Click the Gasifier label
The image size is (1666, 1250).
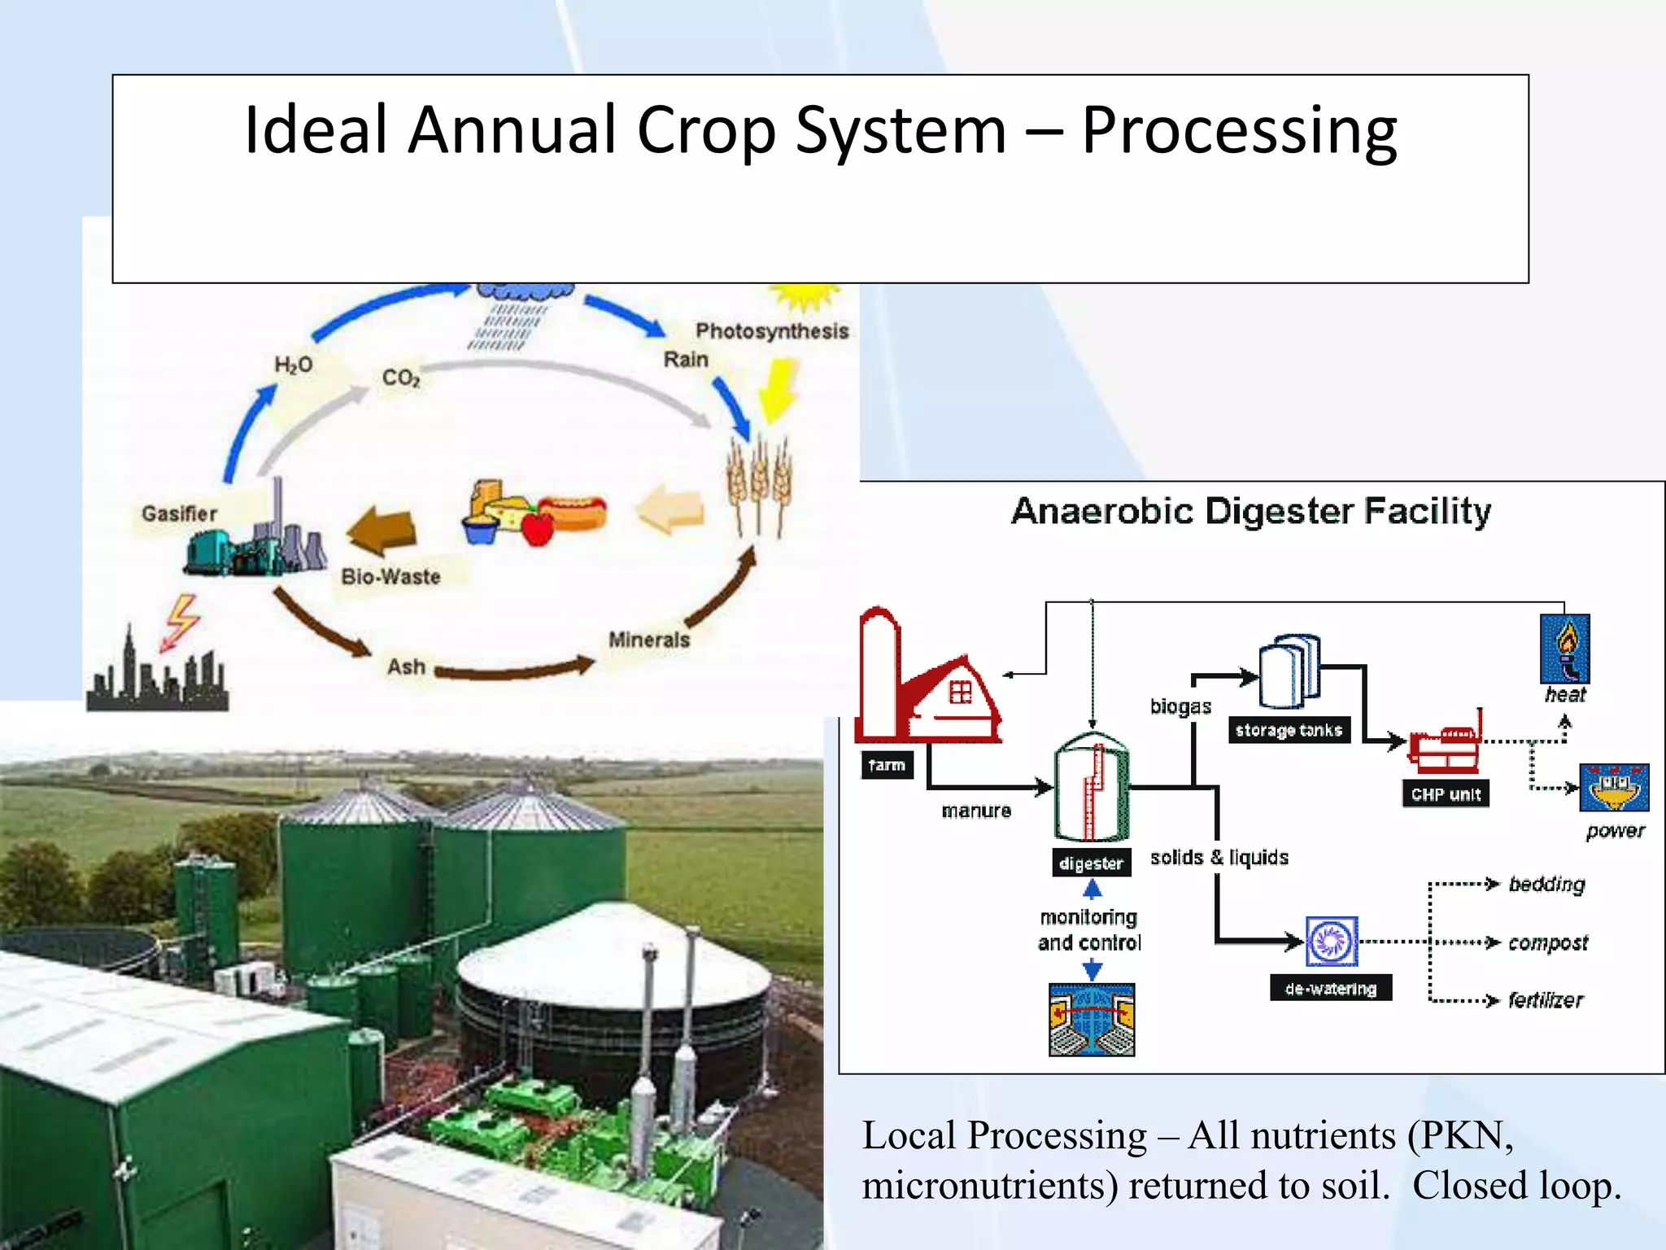[x=179, y=514]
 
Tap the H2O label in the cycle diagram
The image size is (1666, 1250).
[x=293, y=365]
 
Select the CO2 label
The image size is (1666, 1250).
[x=401, y=378]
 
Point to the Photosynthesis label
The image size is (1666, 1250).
[x=771, y=331]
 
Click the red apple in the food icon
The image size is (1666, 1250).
[x=537, y=528]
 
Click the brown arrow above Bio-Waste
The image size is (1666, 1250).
[x=382, y=530]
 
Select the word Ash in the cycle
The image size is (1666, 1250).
[x=406, y=667]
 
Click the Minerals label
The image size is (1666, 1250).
[x=648, y=640]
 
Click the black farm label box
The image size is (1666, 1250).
[x=887, y=765]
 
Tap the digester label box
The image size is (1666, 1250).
[x=1091, y=863]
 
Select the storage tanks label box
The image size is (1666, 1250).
[x=1289, y=730]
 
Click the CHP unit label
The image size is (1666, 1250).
[x=1446, y=794]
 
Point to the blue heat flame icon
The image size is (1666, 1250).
[x=1564, y=649]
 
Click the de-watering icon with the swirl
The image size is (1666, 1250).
[x=1332, y=942]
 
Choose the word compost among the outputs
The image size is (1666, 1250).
[x=1547, y=943]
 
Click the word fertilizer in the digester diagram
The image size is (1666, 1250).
[x=1546, y=1000]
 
